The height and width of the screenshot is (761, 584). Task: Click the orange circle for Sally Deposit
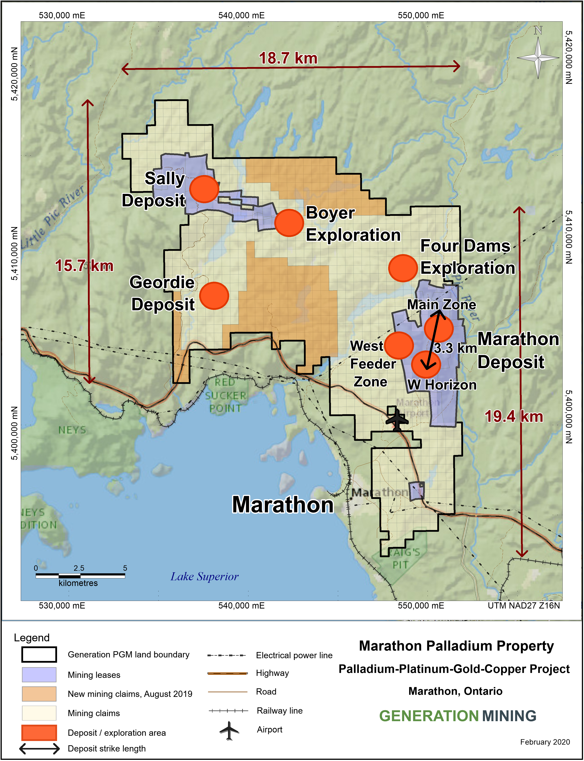click(204, 189)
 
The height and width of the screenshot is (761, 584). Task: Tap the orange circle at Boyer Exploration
click(289, 223)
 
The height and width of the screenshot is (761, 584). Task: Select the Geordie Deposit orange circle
click(214, 296)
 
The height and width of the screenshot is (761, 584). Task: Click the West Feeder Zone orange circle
click(399, 345)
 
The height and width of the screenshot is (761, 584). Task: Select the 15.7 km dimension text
click(84, 266)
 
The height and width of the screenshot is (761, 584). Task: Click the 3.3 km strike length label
click(455, 348)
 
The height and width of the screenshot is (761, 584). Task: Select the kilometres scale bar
click(80, 576)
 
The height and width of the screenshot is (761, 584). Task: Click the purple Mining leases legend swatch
click(39, 674)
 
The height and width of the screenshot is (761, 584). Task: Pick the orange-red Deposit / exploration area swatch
click(39, 732)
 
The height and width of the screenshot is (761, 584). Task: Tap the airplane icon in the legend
click(229, 730)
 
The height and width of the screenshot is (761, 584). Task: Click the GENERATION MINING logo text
click(457, 716)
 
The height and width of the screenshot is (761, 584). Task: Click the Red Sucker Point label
click(226, 395)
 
